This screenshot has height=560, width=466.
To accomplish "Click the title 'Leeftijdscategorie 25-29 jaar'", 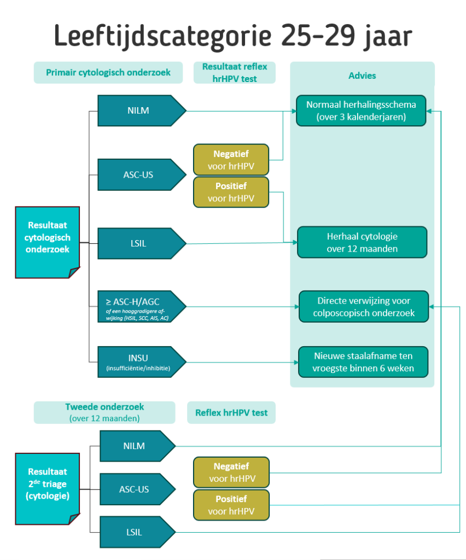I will click(233, 36).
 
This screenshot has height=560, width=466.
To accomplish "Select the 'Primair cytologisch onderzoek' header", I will click(108, 72).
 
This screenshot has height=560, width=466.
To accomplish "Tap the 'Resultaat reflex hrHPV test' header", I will click(234, 72).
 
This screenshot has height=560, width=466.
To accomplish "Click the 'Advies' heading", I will click(362, 75).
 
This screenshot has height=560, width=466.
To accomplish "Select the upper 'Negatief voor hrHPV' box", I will click(231, 160).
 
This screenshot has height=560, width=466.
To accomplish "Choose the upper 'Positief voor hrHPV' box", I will click(231, 192).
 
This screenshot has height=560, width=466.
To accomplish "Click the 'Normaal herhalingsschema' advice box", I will click(361, 110).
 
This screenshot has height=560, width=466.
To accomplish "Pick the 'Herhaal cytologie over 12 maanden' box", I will click(362, 242).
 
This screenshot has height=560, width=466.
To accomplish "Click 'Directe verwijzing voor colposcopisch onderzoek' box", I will click(363, 307).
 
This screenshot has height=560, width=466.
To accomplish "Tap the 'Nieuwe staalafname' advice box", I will click(363, 362).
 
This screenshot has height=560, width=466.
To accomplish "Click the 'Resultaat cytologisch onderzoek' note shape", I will click(48, 242).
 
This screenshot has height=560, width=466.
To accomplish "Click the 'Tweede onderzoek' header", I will click(103, 412).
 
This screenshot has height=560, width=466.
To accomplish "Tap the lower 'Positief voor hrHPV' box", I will click(231, 505).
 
